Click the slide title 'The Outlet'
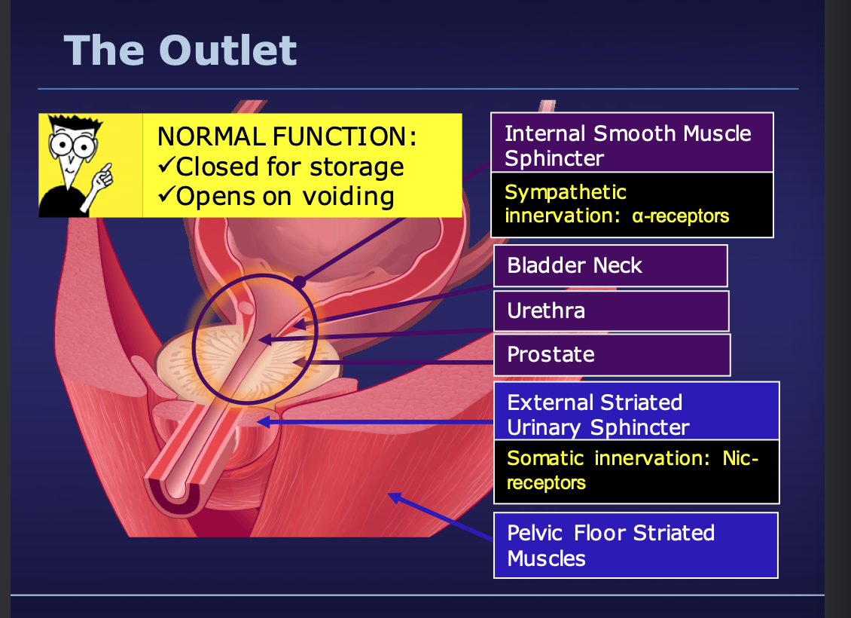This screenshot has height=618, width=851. click(180, 50)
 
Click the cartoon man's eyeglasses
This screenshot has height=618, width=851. click(72, 145)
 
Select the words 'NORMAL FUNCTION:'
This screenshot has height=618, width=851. click(287, 136)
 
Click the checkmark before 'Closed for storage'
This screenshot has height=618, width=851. click(166, 165)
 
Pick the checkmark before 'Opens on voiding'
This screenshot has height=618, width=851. click(166, 194)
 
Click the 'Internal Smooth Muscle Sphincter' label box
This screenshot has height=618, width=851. click(632, 143)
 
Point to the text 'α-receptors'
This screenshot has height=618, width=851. click(681, 216)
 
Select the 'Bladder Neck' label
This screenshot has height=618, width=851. click(611, 265)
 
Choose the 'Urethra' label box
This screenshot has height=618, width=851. click(611, 311)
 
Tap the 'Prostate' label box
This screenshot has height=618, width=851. click(612, 355)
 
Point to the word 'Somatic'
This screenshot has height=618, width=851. click(545, 458)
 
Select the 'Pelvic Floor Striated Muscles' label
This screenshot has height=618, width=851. click(636, 545)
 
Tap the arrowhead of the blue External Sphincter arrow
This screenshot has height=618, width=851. click(263, 422)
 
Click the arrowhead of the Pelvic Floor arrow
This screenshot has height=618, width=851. click(394, 497)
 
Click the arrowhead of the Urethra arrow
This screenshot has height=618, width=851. click(265, 340)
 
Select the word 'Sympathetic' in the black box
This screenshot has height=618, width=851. click(566, 193)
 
